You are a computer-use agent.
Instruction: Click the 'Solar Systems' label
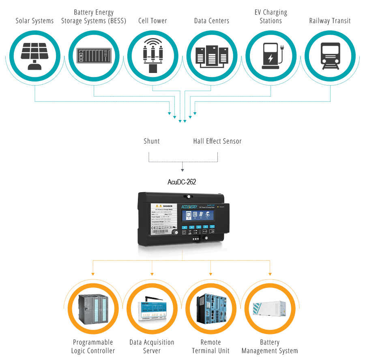34,21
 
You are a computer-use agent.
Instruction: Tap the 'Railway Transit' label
330,21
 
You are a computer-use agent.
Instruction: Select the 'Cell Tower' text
152,21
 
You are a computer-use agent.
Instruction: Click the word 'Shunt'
152,141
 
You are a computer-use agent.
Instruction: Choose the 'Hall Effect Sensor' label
217,141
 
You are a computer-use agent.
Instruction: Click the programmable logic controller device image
93,309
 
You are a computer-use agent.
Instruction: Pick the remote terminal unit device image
211,309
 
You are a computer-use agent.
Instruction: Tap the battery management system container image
270,311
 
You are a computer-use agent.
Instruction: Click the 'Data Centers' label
212,21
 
